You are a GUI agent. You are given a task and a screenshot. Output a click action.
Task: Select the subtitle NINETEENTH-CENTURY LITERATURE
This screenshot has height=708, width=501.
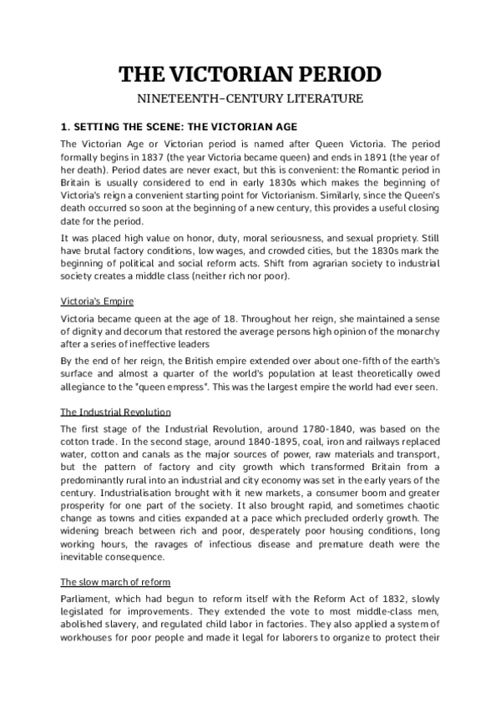(x=250, y=99)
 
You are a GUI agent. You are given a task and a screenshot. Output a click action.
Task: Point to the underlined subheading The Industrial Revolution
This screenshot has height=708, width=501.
(x=116, y=412)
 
